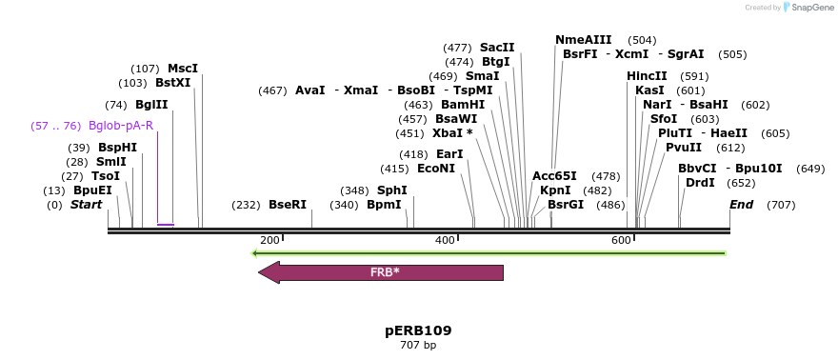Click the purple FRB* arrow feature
(381, 272)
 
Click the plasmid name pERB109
(418, 330)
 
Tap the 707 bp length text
(418, 345)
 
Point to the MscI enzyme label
(183, 69)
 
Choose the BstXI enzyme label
(173, 83)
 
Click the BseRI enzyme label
(288, 205)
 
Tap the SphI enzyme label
(392, 190)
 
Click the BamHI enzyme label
(463, 105)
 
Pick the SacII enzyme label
(497, 48)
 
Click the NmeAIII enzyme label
(584, 40)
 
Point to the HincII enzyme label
(647, 76)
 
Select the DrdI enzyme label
(700, 183)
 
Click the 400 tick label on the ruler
(445, 240)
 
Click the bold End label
(741, 205)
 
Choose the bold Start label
(86, 205)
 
